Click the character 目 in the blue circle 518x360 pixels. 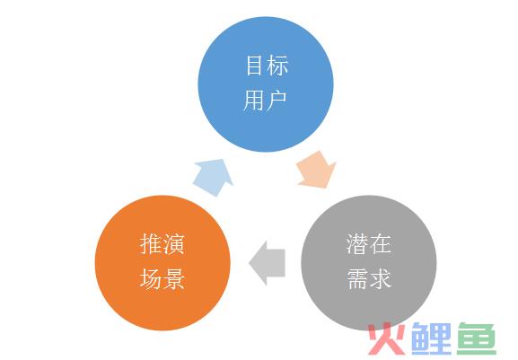254,66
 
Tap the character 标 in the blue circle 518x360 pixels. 277,66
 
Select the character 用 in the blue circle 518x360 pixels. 254,101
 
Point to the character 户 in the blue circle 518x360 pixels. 277,101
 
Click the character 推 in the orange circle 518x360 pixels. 150,244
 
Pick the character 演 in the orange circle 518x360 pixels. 173,244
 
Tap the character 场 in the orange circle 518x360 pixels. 150,278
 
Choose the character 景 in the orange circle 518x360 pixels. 173,278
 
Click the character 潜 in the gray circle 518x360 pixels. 357,244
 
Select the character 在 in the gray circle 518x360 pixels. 381,244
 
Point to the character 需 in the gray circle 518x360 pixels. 357,278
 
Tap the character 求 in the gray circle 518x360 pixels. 381,278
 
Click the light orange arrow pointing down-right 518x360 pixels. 317,171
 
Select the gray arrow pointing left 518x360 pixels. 268,263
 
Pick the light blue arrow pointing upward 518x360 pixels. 214,177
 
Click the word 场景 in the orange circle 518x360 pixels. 162,278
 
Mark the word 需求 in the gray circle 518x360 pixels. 369,278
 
